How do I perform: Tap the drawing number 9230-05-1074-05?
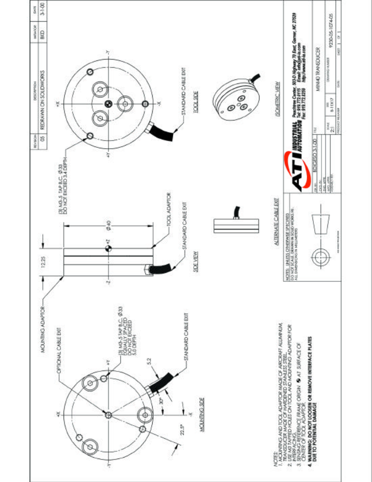[x=331, y=43]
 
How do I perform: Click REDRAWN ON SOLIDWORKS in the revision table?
[x=40, y=88]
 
